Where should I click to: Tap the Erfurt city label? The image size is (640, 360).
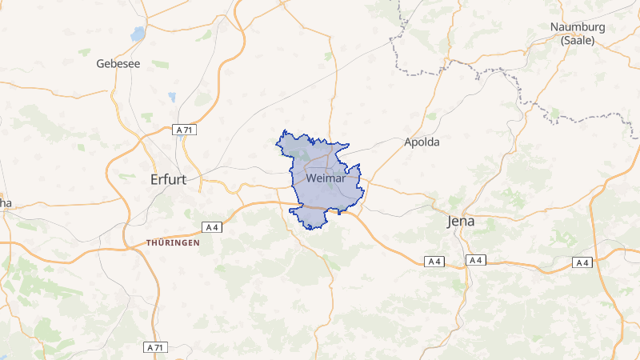[168, 180]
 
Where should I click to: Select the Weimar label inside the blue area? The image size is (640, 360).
[326, 178]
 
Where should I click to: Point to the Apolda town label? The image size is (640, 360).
[422, 142]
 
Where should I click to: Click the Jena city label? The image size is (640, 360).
[460, 222]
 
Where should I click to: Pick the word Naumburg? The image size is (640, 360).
[578, 27]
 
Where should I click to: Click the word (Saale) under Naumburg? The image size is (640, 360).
[578, 40]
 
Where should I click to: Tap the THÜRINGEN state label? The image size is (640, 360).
[173, 242]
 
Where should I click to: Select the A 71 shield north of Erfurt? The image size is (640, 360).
[185, 130]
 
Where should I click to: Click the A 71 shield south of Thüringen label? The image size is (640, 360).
[156, 347]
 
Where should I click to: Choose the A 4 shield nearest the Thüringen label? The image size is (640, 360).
[212, 226]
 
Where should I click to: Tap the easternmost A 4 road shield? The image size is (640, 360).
[582, 262]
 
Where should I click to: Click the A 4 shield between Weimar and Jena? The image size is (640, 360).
[434, 262]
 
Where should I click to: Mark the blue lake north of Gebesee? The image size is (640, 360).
[138, 34]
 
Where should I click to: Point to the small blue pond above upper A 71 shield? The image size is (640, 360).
[171, 98]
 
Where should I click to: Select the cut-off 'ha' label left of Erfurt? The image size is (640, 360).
[5, 203]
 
